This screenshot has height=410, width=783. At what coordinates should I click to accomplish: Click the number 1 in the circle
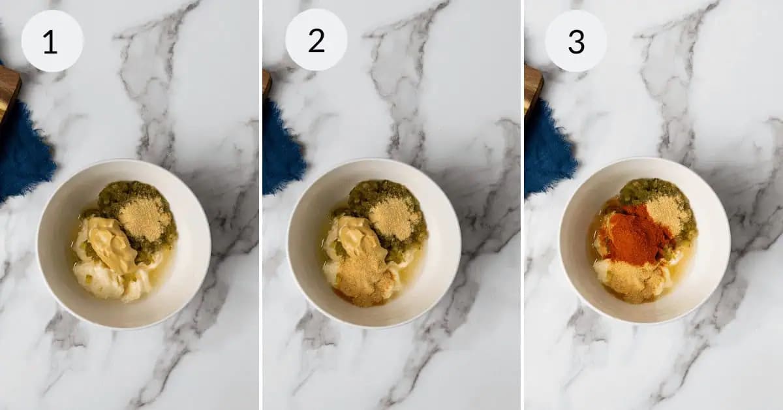pyautogui.click(x=50, y=42)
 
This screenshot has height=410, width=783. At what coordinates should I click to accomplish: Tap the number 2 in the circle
pyautogui.click(x=316, y=41)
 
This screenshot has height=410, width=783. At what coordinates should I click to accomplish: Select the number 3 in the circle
pyautogui.click(x=576, y=42)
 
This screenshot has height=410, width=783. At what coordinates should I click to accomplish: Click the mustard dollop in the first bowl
pyautogui.click(x=111, y=244)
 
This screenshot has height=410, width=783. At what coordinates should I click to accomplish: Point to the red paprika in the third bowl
pyautogui.click(x=634, y=234)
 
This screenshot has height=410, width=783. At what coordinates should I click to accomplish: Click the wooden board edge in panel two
pyautogui.click(x=267, y=82)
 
